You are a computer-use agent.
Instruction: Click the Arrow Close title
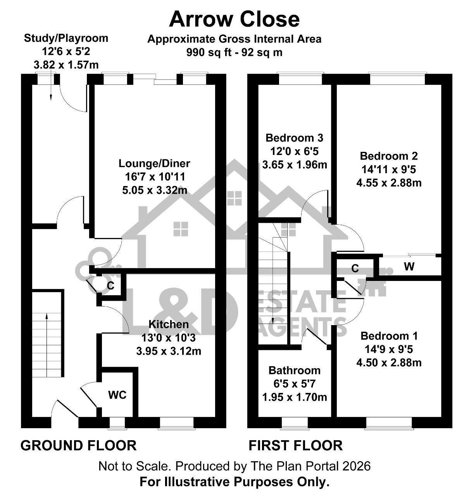[x=234, y=20]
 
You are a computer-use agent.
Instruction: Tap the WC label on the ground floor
[x=117, y=395]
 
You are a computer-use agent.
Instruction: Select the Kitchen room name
[x=168, y=324]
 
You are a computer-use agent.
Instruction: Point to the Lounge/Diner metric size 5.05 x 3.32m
[x=155, y=190]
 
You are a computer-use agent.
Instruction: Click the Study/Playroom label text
[x=66, y=38]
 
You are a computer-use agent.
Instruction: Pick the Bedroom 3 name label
[x=294, y=138]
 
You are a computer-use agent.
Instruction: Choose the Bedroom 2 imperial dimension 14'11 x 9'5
[x=389, y=170]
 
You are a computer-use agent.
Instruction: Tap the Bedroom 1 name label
[x=389, y=336]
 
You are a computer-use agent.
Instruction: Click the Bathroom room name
[x=295, y=370]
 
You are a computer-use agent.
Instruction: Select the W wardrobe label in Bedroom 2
[x=409, y=267]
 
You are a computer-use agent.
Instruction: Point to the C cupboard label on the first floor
[x=355, y=269]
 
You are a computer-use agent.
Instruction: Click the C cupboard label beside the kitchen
[x=110, y=286]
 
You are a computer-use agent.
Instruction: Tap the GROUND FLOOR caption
[x=79, y=446]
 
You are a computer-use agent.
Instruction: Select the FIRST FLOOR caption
[x=296, y=446]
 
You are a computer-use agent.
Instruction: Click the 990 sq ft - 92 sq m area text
[x=234, y=52]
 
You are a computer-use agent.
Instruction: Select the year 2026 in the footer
[x=356, y=466]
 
